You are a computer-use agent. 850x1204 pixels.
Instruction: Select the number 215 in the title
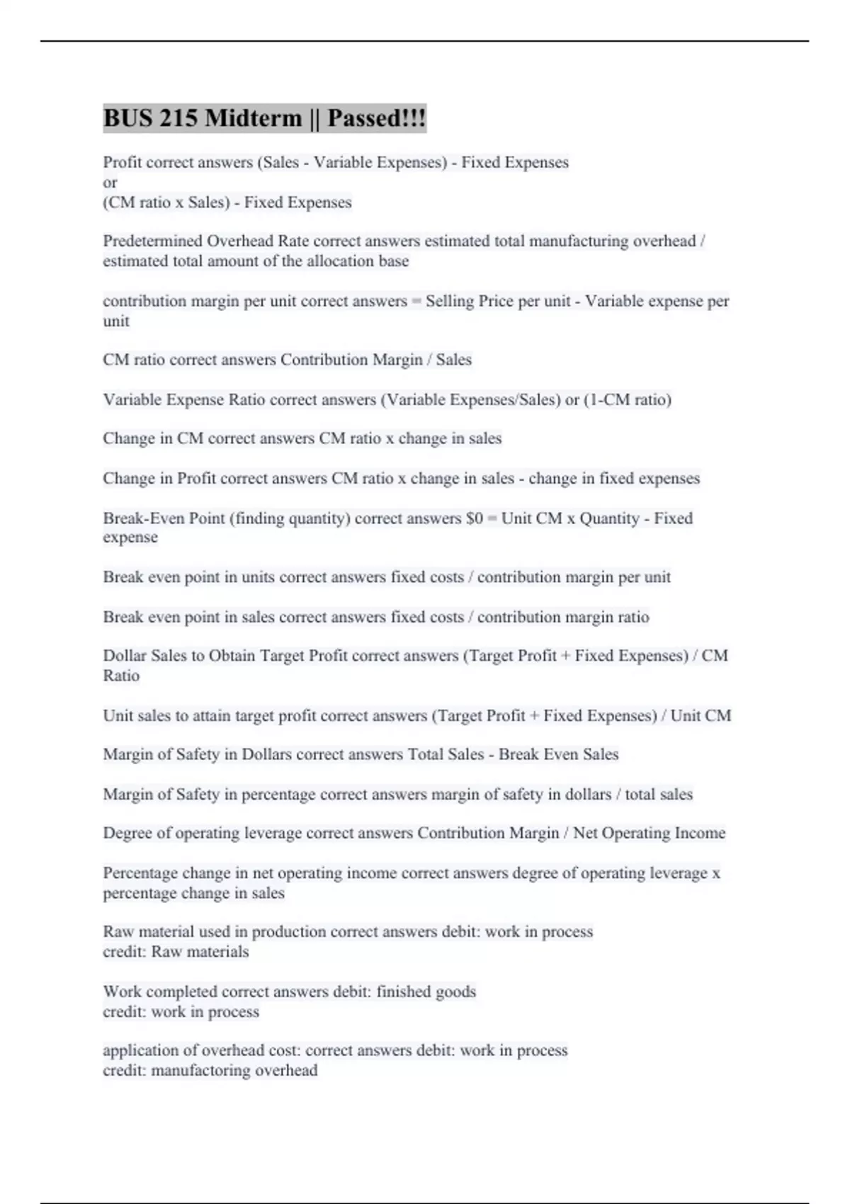tap(178, 118)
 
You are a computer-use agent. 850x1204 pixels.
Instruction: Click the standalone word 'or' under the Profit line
tap(110, 183)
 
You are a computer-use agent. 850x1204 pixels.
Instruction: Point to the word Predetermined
tap(152, 242)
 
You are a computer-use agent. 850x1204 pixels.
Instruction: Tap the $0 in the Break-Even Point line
tap(475, 518)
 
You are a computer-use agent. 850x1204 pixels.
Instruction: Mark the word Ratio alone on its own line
tap(121, 676)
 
